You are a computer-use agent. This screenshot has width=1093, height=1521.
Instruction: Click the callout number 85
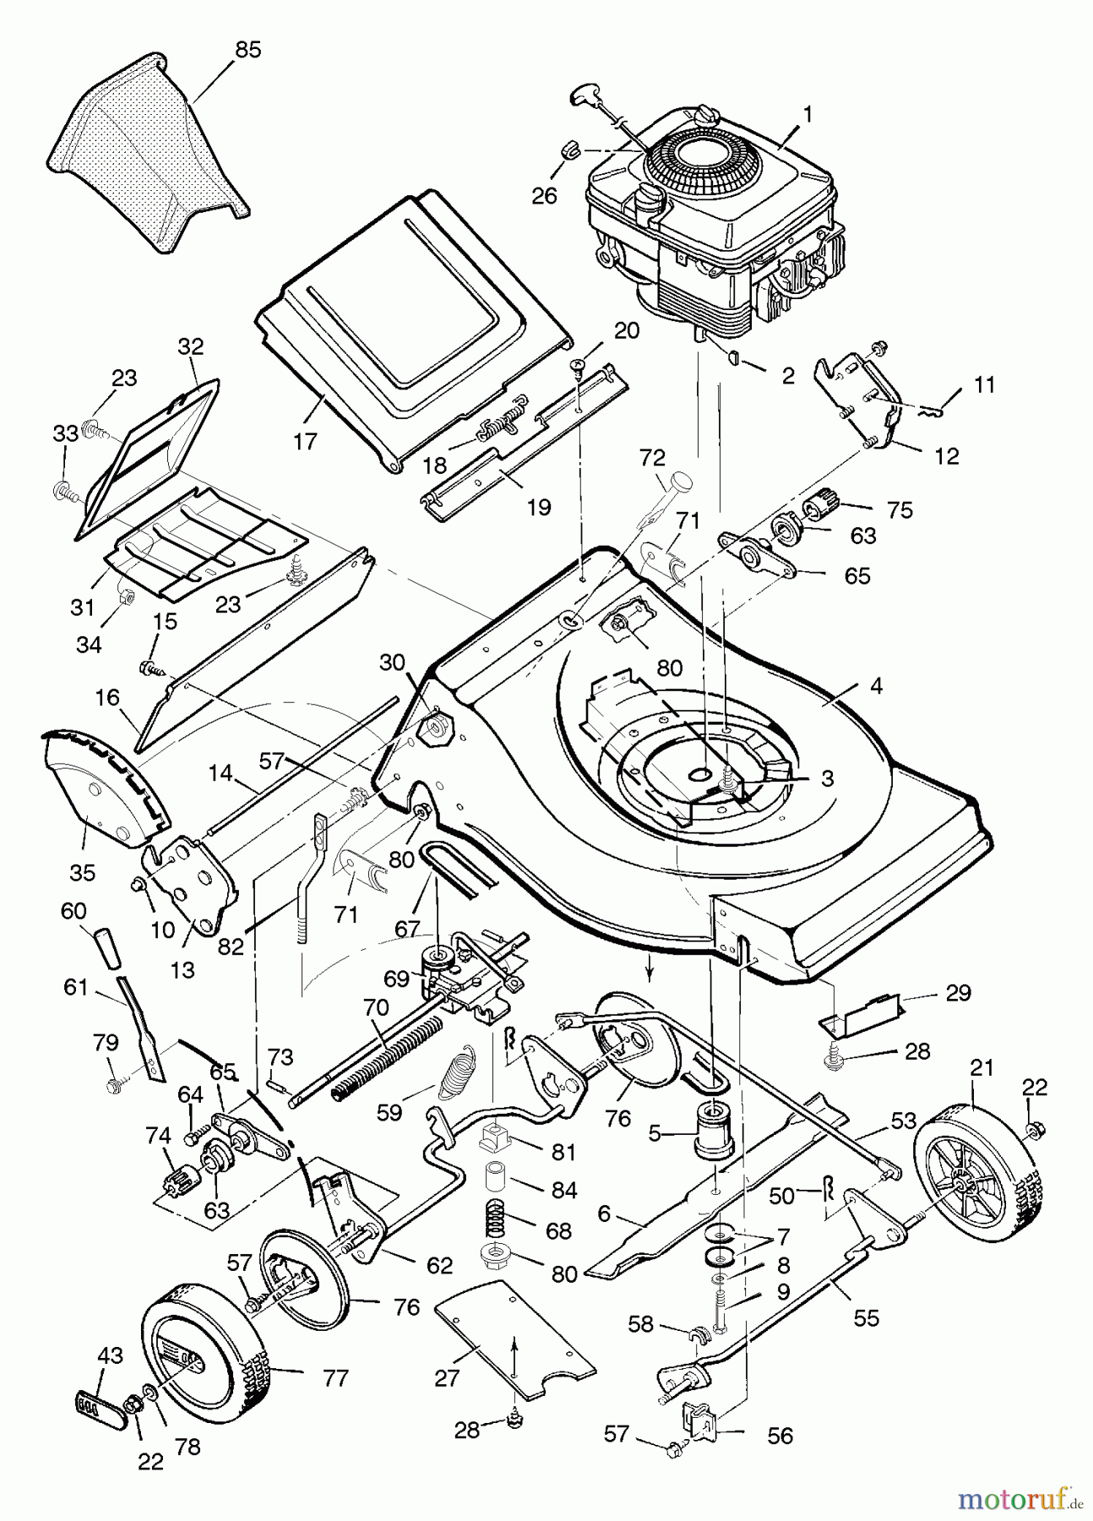[x=247, y=50]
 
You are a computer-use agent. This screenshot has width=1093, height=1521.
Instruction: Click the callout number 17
[x=305, y=440]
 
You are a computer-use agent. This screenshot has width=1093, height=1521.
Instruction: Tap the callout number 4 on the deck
[x=876, y=686]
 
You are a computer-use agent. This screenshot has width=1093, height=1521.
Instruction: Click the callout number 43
[x=110, y=1355]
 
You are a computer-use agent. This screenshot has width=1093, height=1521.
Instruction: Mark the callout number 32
[x=191, y=346]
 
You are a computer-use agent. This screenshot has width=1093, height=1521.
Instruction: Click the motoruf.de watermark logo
[x=1014, y=1498]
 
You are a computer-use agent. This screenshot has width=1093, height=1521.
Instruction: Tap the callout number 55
[x=867, y=1317]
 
